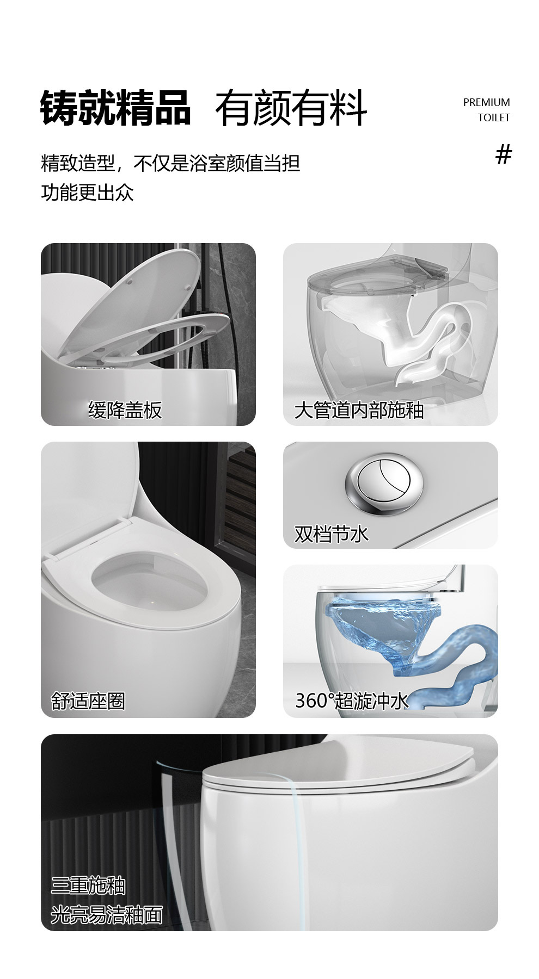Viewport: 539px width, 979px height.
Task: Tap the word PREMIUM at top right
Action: coord(486,102)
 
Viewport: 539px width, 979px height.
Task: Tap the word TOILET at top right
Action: coord(494,117)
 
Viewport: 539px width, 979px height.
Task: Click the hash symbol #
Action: coord(504,155)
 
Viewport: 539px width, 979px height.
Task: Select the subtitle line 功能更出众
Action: coord(87,192)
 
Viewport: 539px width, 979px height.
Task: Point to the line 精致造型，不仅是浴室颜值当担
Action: coord(170,163)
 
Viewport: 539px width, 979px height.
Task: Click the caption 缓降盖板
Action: coord(125,410)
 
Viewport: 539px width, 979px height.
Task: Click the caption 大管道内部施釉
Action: coord(359,410)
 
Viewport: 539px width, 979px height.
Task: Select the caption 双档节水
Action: coord(331,534)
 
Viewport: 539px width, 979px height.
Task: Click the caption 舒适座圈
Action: coord(88,701)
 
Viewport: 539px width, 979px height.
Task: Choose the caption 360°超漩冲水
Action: coord(351,701)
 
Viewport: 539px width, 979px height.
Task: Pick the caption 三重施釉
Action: coord(88,886)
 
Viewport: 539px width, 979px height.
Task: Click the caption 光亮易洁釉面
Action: coord(107,915)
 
